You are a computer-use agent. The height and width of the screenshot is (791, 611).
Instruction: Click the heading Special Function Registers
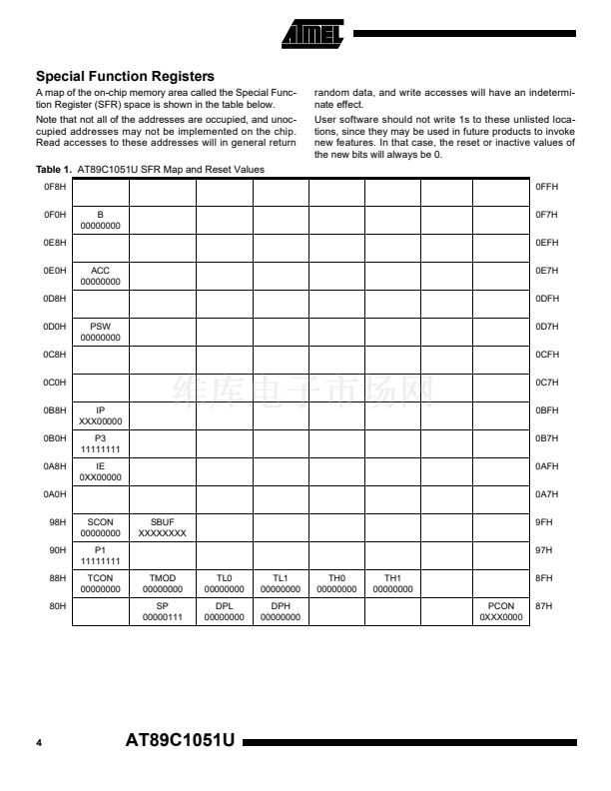pyautogui.click(x=125, y=76)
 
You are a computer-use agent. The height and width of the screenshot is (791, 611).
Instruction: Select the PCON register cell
pyautogui.click(x=500, y=611)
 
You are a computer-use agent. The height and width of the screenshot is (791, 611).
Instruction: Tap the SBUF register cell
pyautogui.click(x=162, y=527)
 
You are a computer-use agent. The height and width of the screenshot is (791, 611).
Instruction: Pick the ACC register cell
pyautogui.click(x=100, y=276)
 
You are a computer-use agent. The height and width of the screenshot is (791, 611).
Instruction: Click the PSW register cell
pyautogui.click(x=100, y=332)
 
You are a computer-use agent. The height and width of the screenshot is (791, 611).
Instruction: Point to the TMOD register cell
pyautogui.click(x=162, y=583)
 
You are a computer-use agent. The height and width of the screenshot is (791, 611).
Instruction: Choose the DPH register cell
pyautogui.click(x=280, y=611)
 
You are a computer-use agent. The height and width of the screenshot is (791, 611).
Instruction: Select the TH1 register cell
pyautogui.click(x=392, y=583)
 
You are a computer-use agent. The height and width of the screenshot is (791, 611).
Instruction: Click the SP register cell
pyautogui.click(x=162, y=611)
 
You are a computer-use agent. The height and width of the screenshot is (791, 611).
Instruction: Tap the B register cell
pyautogui.click(x=100, y=220)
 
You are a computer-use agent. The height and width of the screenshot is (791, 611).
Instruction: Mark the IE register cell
pyautogui.click(x=100, y=471)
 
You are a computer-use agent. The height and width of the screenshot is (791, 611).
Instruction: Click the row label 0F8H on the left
pyautogui.click(x=54, y=187)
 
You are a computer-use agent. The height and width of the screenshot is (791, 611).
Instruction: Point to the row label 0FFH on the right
pyautogui.click(x=547, y=187)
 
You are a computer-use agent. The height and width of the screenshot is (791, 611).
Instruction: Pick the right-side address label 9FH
pyautogui.click(x=544, y=521)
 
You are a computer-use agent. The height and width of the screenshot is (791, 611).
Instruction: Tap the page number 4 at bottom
pyautogui.click(x=39, y=744)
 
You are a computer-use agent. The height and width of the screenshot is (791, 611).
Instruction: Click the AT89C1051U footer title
pyautogui.click(x=180, y=743)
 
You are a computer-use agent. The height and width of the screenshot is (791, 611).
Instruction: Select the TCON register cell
pyautogui.click(x=100, y=583)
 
